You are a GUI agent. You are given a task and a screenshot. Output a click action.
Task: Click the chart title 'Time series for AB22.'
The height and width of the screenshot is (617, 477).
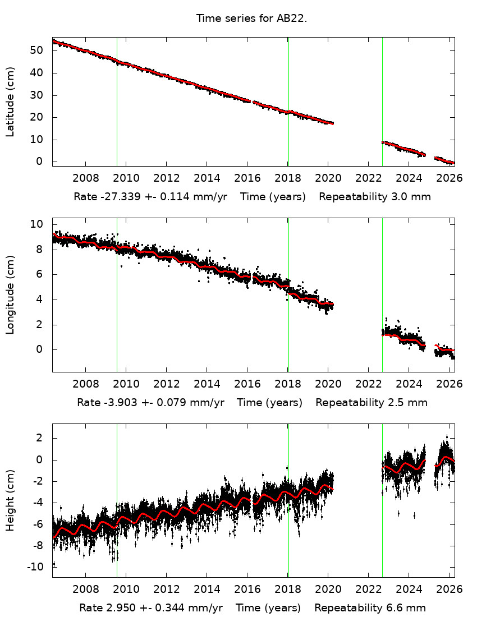pyautogui.click(x=251, y=19)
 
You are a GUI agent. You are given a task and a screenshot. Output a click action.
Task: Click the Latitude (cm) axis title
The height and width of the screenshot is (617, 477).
pyautogui.click(x=10, y=102)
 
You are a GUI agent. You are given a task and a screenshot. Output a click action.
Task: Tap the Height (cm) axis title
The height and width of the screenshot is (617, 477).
pyautogui.click(x=10, y=500)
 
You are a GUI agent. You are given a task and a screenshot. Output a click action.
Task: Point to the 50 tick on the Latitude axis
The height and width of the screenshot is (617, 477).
pyautogui.click(x=39, y=50)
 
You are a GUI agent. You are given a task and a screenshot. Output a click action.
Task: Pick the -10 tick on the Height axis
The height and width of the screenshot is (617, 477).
pyautogui.click(x=37, y=567)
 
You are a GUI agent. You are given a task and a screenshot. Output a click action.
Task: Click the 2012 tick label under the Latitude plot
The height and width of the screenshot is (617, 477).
pyautogui.click(x=166, y=178)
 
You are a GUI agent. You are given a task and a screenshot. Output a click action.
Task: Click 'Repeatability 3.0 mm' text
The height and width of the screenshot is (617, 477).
pyautogui.click(x=375, y=197)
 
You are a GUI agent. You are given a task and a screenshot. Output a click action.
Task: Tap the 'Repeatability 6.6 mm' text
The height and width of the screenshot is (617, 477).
pyautogui.click(x=370, y=608)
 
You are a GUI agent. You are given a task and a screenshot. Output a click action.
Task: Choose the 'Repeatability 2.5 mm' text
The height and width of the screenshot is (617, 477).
pyautogui.click(x=371, y=402)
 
